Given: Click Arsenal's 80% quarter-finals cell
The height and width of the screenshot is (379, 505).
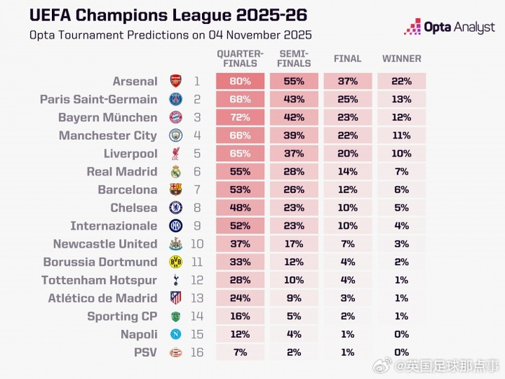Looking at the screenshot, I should tap(240, 82).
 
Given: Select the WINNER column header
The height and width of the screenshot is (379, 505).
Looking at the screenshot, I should tap(401, 58).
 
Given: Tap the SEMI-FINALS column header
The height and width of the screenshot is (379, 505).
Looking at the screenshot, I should tap(294, 58).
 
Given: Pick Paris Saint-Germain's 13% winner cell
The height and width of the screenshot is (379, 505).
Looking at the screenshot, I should tap(401, 100).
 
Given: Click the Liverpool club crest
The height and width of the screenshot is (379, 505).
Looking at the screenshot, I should tap(175, 154).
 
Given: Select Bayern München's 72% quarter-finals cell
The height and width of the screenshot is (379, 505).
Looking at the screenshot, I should tap(240, 118).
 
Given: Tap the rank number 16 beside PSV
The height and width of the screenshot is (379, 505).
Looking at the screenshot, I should tap(196, 352).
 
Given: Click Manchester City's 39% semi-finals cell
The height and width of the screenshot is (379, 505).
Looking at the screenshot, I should tap(294, 136).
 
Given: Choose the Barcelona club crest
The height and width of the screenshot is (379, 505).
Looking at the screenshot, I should tap(175, 190).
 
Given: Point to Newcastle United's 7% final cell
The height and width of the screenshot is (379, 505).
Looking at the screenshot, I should tap(348, 244).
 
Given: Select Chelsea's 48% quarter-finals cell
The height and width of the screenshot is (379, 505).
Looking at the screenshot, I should tap(240, 208).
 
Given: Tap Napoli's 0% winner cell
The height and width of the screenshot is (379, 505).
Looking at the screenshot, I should tap(401, 334).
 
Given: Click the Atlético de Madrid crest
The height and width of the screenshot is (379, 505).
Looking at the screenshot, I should tap(175, 298).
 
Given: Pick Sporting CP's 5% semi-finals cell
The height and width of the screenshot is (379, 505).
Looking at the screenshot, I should tap(294, 316).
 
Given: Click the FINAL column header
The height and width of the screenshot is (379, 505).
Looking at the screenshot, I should tap(348, 58).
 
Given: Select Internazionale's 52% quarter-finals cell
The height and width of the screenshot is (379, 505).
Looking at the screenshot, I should tap(240, 226).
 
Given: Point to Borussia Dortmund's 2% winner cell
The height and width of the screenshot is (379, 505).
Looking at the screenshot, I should tap(401, 262).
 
